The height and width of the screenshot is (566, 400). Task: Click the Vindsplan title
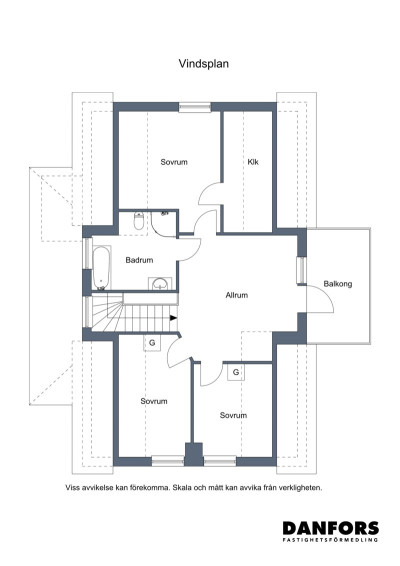tap(204, 64)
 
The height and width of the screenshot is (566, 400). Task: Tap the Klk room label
tap(253, 162)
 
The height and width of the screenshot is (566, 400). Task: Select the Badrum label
tap(139, 260)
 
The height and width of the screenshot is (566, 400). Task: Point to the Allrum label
tap(237, 295)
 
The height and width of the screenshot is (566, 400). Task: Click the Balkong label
tap(338, 284)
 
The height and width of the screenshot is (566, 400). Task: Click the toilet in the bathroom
tap(139, 221)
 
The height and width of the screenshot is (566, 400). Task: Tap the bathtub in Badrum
tap(101, 267)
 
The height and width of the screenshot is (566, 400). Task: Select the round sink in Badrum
tap(160, 284)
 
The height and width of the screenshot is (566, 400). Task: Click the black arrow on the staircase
tap(174, 318)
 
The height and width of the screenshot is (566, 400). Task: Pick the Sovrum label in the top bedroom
tap(174, 162)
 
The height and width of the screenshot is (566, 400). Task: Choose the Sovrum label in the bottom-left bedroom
tap(154, 401)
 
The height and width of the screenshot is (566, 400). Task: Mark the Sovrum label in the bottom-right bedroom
tap(233, 415)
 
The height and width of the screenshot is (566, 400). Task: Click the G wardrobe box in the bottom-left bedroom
tap(152, 343)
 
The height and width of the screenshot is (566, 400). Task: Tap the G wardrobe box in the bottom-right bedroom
tap(236, 372)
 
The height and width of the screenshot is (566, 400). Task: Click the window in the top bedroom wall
tap(195, 107)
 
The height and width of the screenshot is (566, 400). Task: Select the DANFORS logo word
tap(331, 528)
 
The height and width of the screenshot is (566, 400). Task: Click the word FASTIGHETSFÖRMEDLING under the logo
tap(331, 540)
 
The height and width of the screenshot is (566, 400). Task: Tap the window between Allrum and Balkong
tap(301, 270)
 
